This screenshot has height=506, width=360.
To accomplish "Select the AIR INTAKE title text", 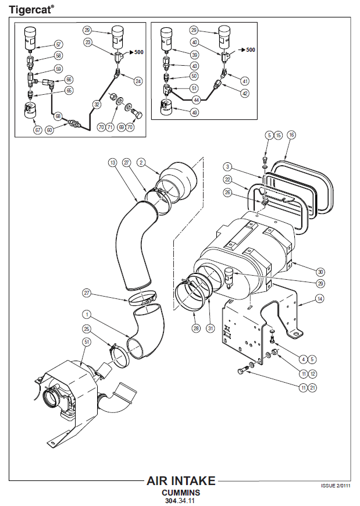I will point(181,481).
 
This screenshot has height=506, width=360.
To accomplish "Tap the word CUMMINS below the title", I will point(181,493).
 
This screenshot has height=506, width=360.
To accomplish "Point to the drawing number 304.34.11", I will point(181,500).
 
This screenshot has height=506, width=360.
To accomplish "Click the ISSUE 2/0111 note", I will point(337,485).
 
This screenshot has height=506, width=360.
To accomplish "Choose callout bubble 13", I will point(113,163).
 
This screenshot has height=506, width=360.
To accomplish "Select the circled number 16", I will point(291,135).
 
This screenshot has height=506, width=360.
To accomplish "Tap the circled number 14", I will point(319,299).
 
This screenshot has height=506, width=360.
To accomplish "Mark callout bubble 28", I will point(196,329).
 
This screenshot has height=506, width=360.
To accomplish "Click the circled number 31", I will point(210,329).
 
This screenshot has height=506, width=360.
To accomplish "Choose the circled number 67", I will point(38,130).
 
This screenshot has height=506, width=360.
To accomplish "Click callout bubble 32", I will point(97,105).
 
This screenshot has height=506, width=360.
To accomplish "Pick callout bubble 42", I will point(245,92).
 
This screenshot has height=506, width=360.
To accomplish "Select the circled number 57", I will point(59,44).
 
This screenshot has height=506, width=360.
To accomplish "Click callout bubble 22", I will point(229,179).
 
